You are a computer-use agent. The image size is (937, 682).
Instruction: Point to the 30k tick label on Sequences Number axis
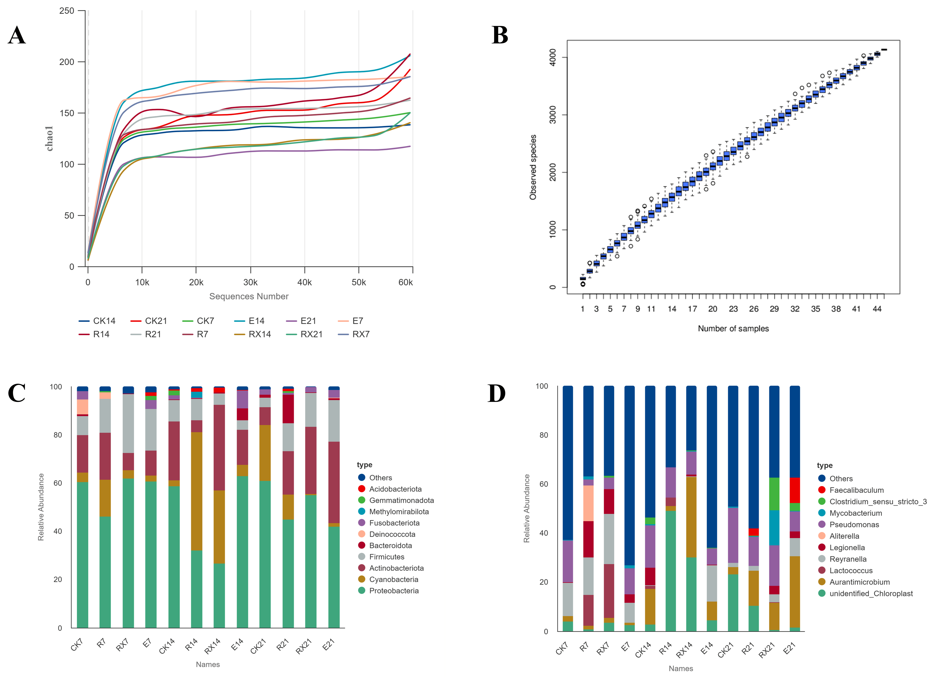250,282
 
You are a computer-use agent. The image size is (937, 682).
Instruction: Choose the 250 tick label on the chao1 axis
66,11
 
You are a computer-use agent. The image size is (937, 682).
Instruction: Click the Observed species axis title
533,167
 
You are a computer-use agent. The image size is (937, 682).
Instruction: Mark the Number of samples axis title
733,329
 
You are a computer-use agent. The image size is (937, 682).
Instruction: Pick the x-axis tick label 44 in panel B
877,309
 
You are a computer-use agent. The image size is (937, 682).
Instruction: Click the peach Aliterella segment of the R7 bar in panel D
588,503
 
